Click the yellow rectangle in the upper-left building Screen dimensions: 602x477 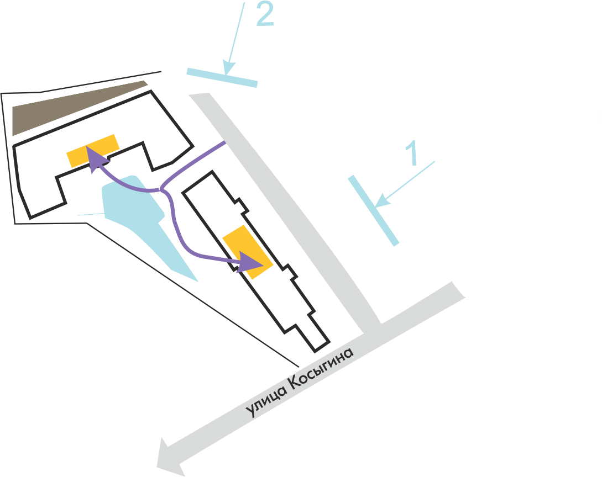(x=92, y=151)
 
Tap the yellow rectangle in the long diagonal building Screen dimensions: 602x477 (x=247, y=252)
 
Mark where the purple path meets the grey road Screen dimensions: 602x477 (x=224, y=144)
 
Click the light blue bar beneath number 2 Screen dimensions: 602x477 (x=222, y=77)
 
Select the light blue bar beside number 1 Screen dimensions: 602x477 (x=373, y=210)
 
